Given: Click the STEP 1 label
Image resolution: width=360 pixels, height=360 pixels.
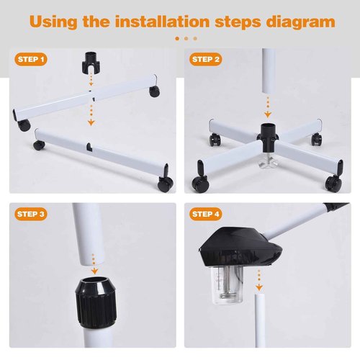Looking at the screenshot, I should tap(32, 59).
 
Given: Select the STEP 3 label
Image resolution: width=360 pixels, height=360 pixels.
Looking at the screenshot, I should tap(32, 213).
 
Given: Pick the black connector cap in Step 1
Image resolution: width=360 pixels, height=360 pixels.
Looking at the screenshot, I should tap(91, 60).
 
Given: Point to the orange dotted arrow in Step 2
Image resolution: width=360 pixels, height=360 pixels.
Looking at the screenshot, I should tap(268, 106).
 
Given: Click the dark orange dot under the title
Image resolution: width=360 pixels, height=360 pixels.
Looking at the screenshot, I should tap(177, 38).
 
